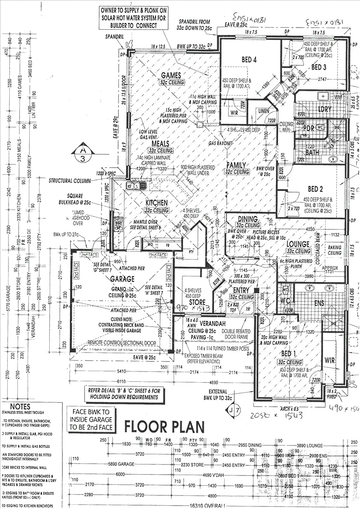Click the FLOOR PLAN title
pos(164,425)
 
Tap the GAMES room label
pos(171,76)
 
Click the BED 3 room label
pos(318,67)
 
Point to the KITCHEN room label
pos(156,203)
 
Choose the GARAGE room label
pos(122,279)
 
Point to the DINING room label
pos(248,218)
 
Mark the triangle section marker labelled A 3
pos(81,153)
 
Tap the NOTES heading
pos(20,406)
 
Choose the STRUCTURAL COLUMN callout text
pos(70,181)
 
